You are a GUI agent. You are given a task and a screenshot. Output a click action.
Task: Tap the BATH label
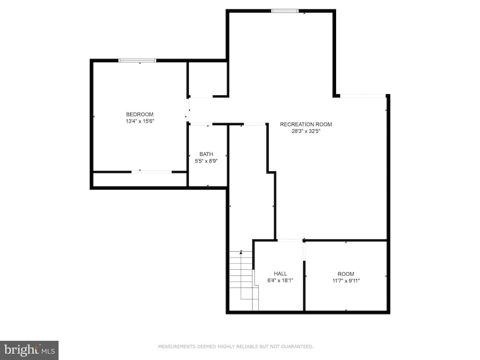(206, 154)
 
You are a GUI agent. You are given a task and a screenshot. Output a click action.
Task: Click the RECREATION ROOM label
(305, 124)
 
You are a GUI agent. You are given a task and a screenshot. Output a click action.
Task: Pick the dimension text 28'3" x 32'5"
(305, 131)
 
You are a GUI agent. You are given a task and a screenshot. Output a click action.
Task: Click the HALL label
(280, 274)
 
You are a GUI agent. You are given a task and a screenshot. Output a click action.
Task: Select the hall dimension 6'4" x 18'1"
(280, 281)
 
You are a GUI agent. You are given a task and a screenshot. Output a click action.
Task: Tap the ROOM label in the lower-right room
(345, 274)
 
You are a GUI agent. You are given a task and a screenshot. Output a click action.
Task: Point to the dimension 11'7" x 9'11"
(345, 281)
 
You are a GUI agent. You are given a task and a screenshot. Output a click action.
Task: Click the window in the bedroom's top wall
(138, 61)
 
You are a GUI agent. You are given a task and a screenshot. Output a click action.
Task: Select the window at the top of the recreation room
(285, 10)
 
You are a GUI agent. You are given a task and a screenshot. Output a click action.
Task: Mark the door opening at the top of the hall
(290, 240)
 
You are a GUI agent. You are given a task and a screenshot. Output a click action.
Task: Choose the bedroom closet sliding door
(152, 172)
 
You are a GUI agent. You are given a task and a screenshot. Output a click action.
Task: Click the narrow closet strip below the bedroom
(140, 180)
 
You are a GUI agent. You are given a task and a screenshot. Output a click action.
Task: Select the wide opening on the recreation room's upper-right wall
(362, 96)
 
